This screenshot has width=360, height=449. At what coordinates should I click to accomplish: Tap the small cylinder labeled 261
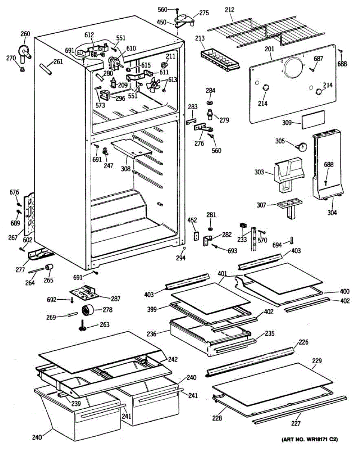point(44,70)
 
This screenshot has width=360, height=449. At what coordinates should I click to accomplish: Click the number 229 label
point(316,361)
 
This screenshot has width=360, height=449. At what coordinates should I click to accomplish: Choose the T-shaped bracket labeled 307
point(290,208)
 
